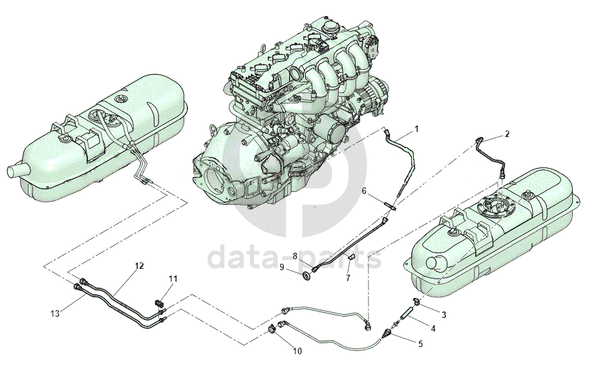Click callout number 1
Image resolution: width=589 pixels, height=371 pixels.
(416, 129)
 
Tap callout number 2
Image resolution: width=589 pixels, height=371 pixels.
(507, 134)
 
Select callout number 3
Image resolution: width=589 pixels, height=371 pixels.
(444, 314)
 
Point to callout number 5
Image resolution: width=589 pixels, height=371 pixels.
(420, 344)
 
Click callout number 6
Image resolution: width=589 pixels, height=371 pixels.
(364, 191)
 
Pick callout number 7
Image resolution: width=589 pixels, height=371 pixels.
(347, 278)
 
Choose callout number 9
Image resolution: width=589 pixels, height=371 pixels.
(282, 267)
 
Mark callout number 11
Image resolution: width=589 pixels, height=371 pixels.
(173, 279)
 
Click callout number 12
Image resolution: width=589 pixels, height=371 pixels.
(139, 266)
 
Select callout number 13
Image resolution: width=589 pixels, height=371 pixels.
(54, 313)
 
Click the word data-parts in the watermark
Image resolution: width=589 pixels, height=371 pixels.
(294, 257)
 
